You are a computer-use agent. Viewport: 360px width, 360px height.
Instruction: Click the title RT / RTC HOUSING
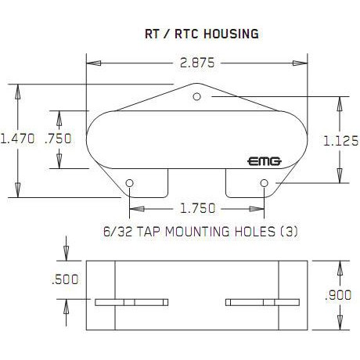tap(202, 34)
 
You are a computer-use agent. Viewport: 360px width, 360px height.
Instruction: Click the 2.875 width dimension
tap(197, 63)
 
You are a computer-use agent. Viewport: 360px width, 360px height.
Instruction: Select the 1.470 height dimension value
tap(17, 139)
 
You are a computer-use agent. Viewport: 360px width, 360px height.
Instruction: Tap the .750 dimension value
tap(58, 139)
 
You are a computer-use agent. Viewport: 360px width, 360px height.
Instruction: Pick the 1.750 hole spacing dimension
tap(198, 208)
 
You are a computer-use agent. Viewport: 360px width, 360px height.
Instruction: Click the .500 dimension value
tap(65, 279)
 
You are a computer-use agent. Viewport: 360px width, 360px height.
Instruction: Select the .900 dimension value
tap(338, 295)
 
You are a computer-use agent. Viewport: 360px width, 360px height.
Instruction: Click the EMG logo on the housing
tap(265, 162)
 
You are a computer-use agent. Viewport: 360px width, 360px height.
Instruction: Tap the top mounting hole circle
tap(196, 97)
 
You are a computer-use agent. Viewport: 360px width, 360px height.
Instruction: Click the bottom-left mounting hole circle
tap(129, 183)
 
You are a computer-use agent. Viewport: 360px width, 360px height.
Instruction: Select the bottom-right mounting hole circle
tap(264, 183)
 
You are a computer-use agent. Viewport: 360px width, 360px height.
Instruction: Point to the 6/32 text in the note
tap(117, 232)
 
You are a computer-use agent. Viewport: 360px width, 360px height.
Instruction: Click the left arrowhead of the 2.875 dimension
tap(94, 63)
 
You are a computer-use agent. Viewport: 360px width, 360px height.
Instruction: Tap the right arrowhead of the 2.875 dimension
tap(300, 63)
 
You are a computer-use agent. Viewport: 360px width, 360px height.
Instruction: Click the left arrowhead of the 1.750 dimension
tap(137, 209)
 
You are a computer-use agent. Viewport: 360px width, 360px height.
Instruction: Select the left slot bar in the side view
tap(131, 302)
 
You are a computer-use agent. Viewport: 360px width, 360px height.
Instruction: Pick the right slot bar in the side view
tap(262, 302)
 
